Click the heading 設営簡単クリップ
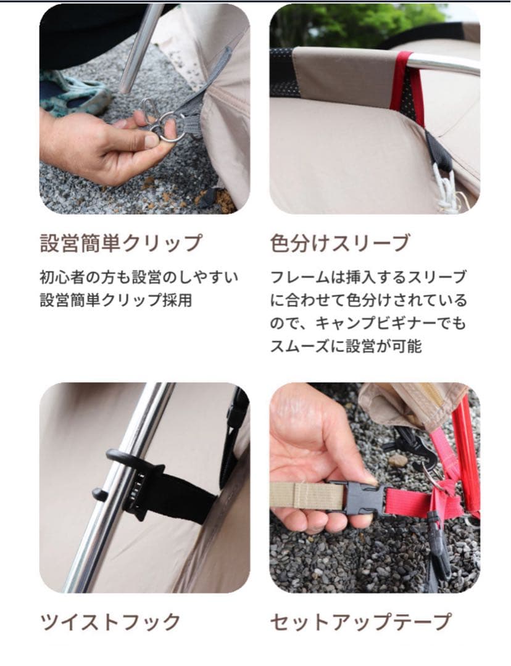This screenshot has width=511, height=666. (x=120, y=242)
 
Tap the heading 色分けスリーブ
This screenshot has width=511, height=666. (x=339, y=242)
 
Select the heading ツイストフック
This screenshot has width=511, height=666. (x=110, y=621)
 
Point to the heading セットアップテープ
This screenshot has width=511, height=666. (x=360, y=621)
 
